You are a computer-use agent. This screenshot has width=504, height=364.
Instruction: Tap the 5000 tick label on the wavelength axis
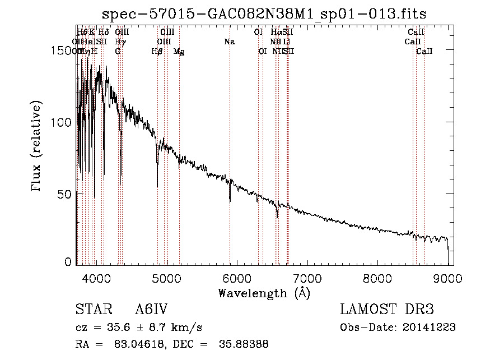pyautogui.click(x=166, y=278)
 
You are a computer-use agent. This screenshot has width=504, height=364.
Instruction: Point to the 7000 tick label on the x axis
pyautogui.click(x=307, y=278)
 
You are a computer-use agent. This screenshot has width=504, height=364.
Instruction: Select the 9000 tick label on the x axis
pyautogui.click(x=447, y=278)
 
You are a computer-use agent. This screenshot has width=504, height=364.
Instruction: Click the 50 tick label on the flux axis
pyautogui.click(x=66, y=193)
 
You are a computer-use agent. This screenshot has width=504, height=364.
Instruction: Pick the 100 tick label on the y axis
pyautogui.click(x=63, y=122)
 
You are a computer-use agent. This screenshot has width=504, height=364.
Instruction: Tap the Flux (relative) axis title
pyautogui.click(x=38, y=147)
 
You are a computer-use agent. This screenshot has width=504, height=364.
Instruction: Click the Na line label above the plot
pyautogui.click(x=229, y=42)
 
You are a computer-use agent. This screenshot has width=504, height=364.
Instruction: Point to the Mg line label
pyautogui.click(x=179, y=51)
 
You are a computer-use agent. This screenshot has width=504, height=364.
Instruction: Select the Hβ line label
pyautogui.click(x=157, y=51)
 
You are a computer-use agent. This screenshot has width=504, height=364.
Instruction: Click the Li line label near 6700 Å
pyautogui.click(x=286, y=42)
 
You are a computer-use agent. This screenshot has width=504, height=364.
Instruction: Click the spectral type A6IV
pyautogui.click(x=151, y=310)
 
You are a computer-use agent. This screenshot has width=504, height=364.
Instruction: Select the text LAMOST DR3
pyautogui.click(x=387, y=310)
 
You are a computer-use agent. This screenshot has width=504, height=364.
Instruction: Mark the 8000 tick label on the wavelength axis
pyautogui.click(x=377, y=278)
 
